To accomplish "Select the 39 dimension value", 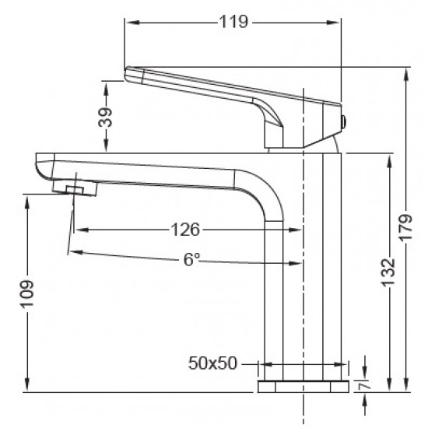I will (107, 118).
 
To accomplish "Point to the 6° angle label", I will (191, 261).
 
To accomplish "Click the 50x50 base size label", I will (212, 363).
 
